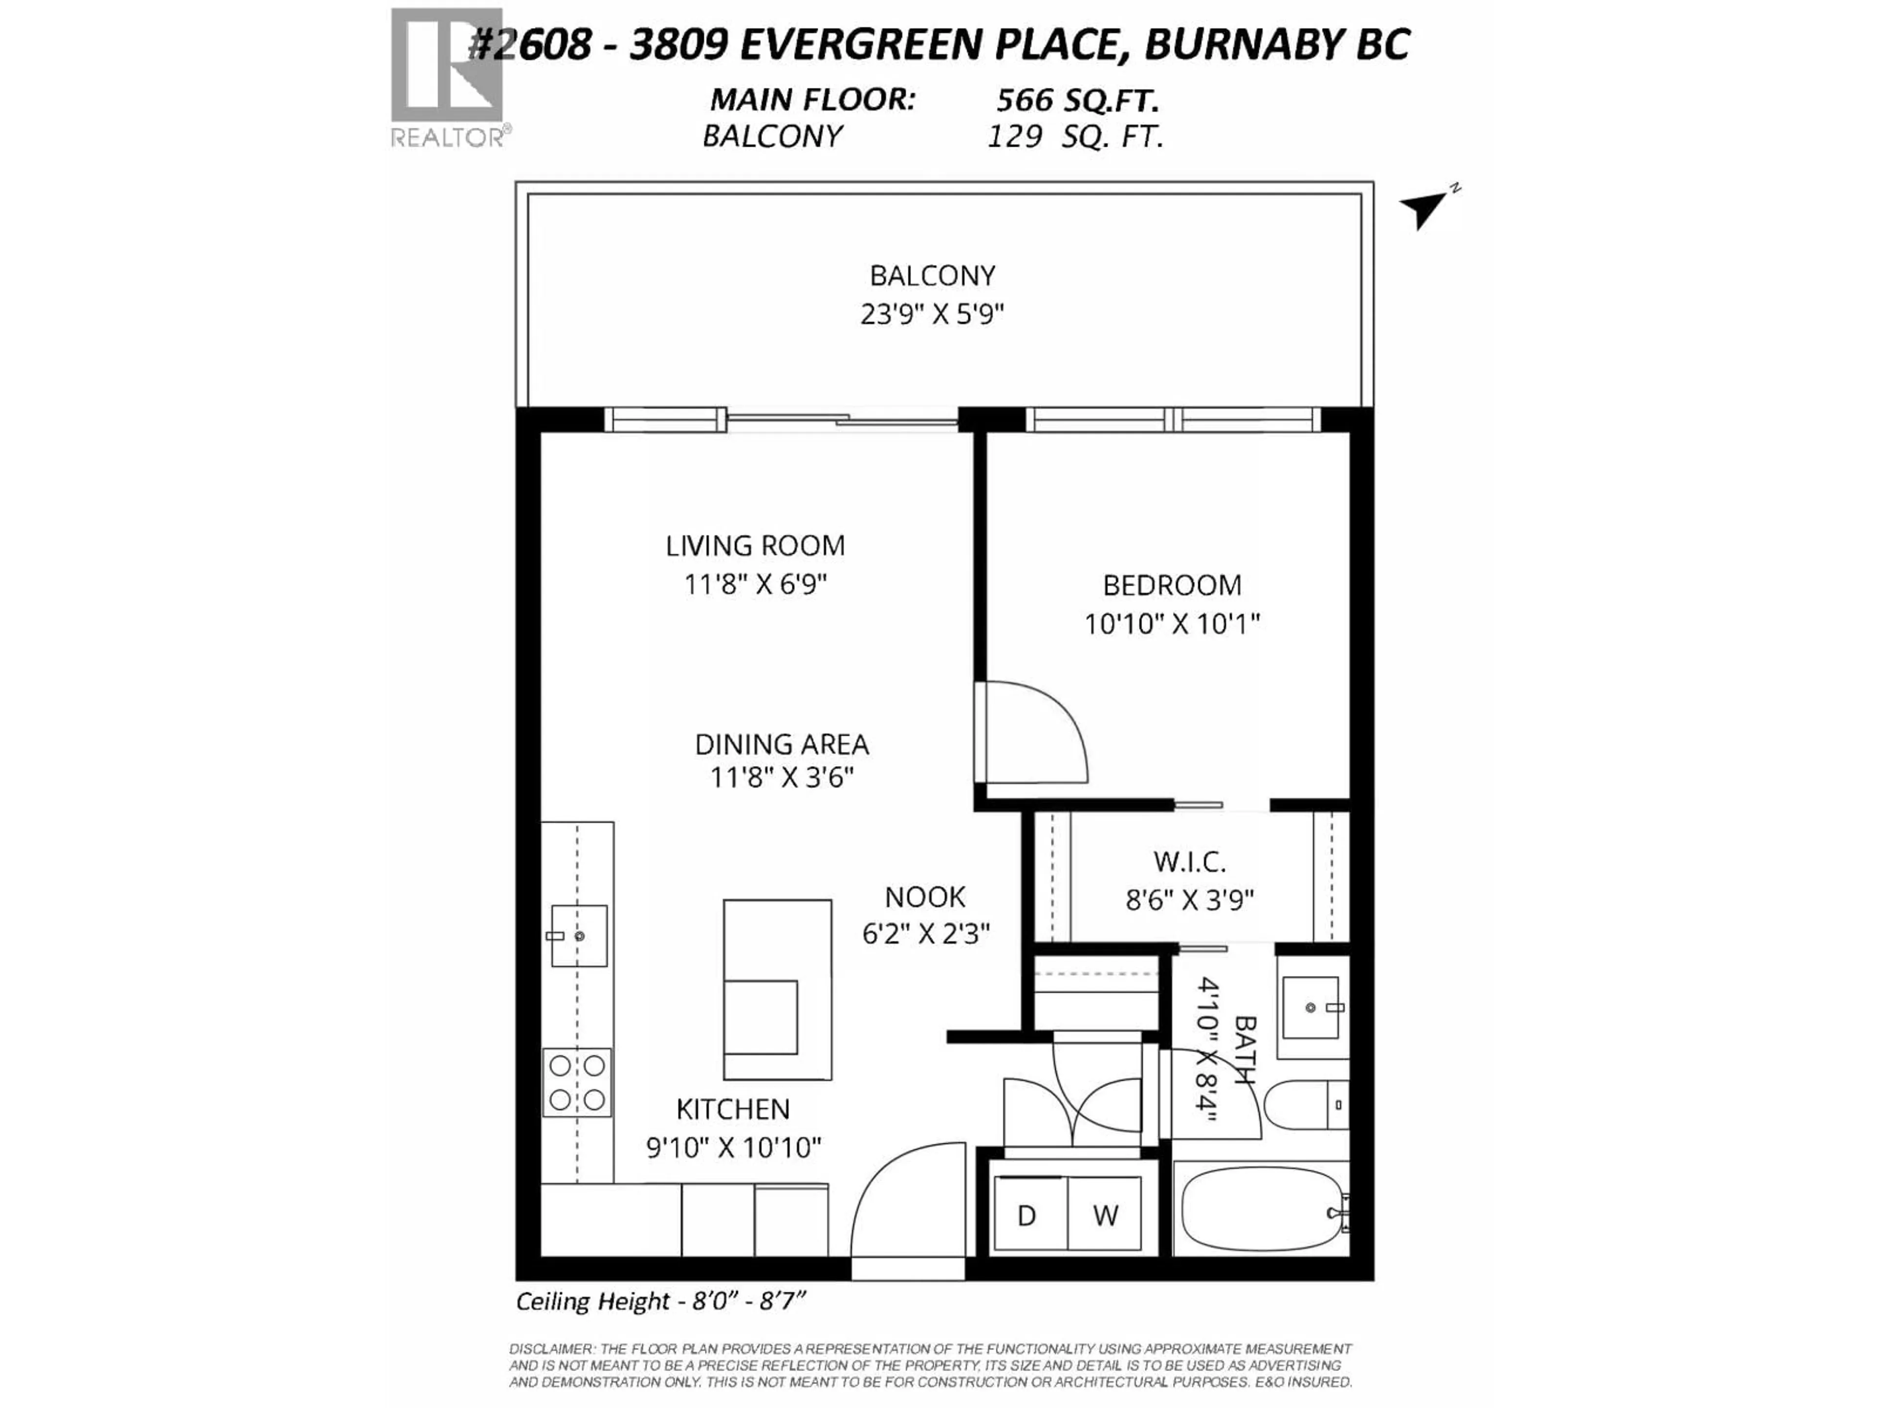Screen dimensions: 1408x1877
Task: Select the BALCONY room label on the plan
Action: [932, 276]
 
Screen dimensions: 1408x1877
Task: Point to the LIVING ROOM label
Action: [755, 546]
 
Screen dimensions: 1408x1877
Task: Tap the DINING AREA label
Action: [782, 744]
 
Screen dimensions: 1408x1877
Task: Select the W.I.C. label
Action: [1189, 862]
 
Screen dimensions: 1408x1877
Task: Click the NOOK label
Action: [925, 897]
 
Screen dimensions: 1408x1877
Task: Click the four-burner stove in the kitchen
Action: [577, 1082]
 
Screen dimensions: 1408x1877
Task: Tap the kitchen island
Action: [776, 989]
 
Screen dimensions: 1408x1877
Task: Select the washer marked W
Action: [1105, 1215]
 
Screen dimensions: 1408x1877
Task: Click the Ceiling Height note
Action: [660, 1301]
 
